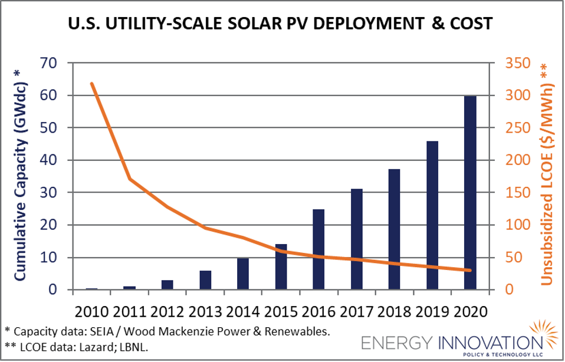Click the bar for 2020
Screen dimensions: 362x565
(x=470, y=192)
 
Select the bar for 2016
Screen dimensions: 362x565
(x=318, y=249)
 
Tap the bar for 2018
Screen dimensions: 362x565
(x=394, y=229)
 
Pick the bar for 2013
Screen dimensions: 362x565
(x=205, y=280)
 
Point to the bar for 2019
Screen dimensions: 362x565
(x=432, y=215)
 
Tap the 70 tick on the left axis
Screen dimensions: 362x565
(x=51, y=63)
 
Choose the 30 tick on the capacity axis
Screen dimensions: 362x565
(x=51, y=193)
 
